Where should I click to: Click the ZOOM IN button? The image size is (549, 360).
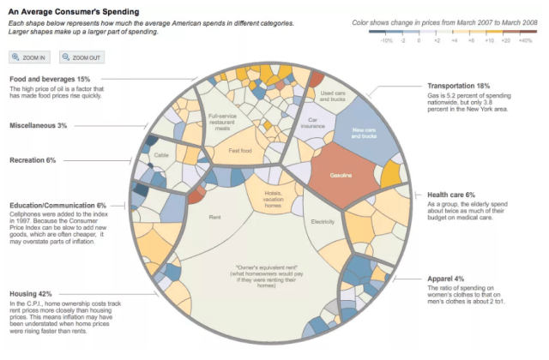click(30, 57)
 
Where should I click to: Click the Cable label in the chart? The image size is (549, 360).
click(161, 155)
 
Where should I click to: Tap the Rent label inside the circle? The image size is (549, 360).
click(215, 217)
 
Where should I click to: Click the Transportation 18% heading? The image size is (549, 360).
click(459, 87)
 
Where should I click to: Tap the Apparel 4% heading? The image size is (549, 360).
click(446, 279)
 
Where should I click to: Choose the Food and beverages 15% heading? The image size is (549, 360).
click(49, 79)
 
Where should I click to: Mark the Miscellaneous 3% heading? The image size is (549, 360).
click(38, 125)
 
